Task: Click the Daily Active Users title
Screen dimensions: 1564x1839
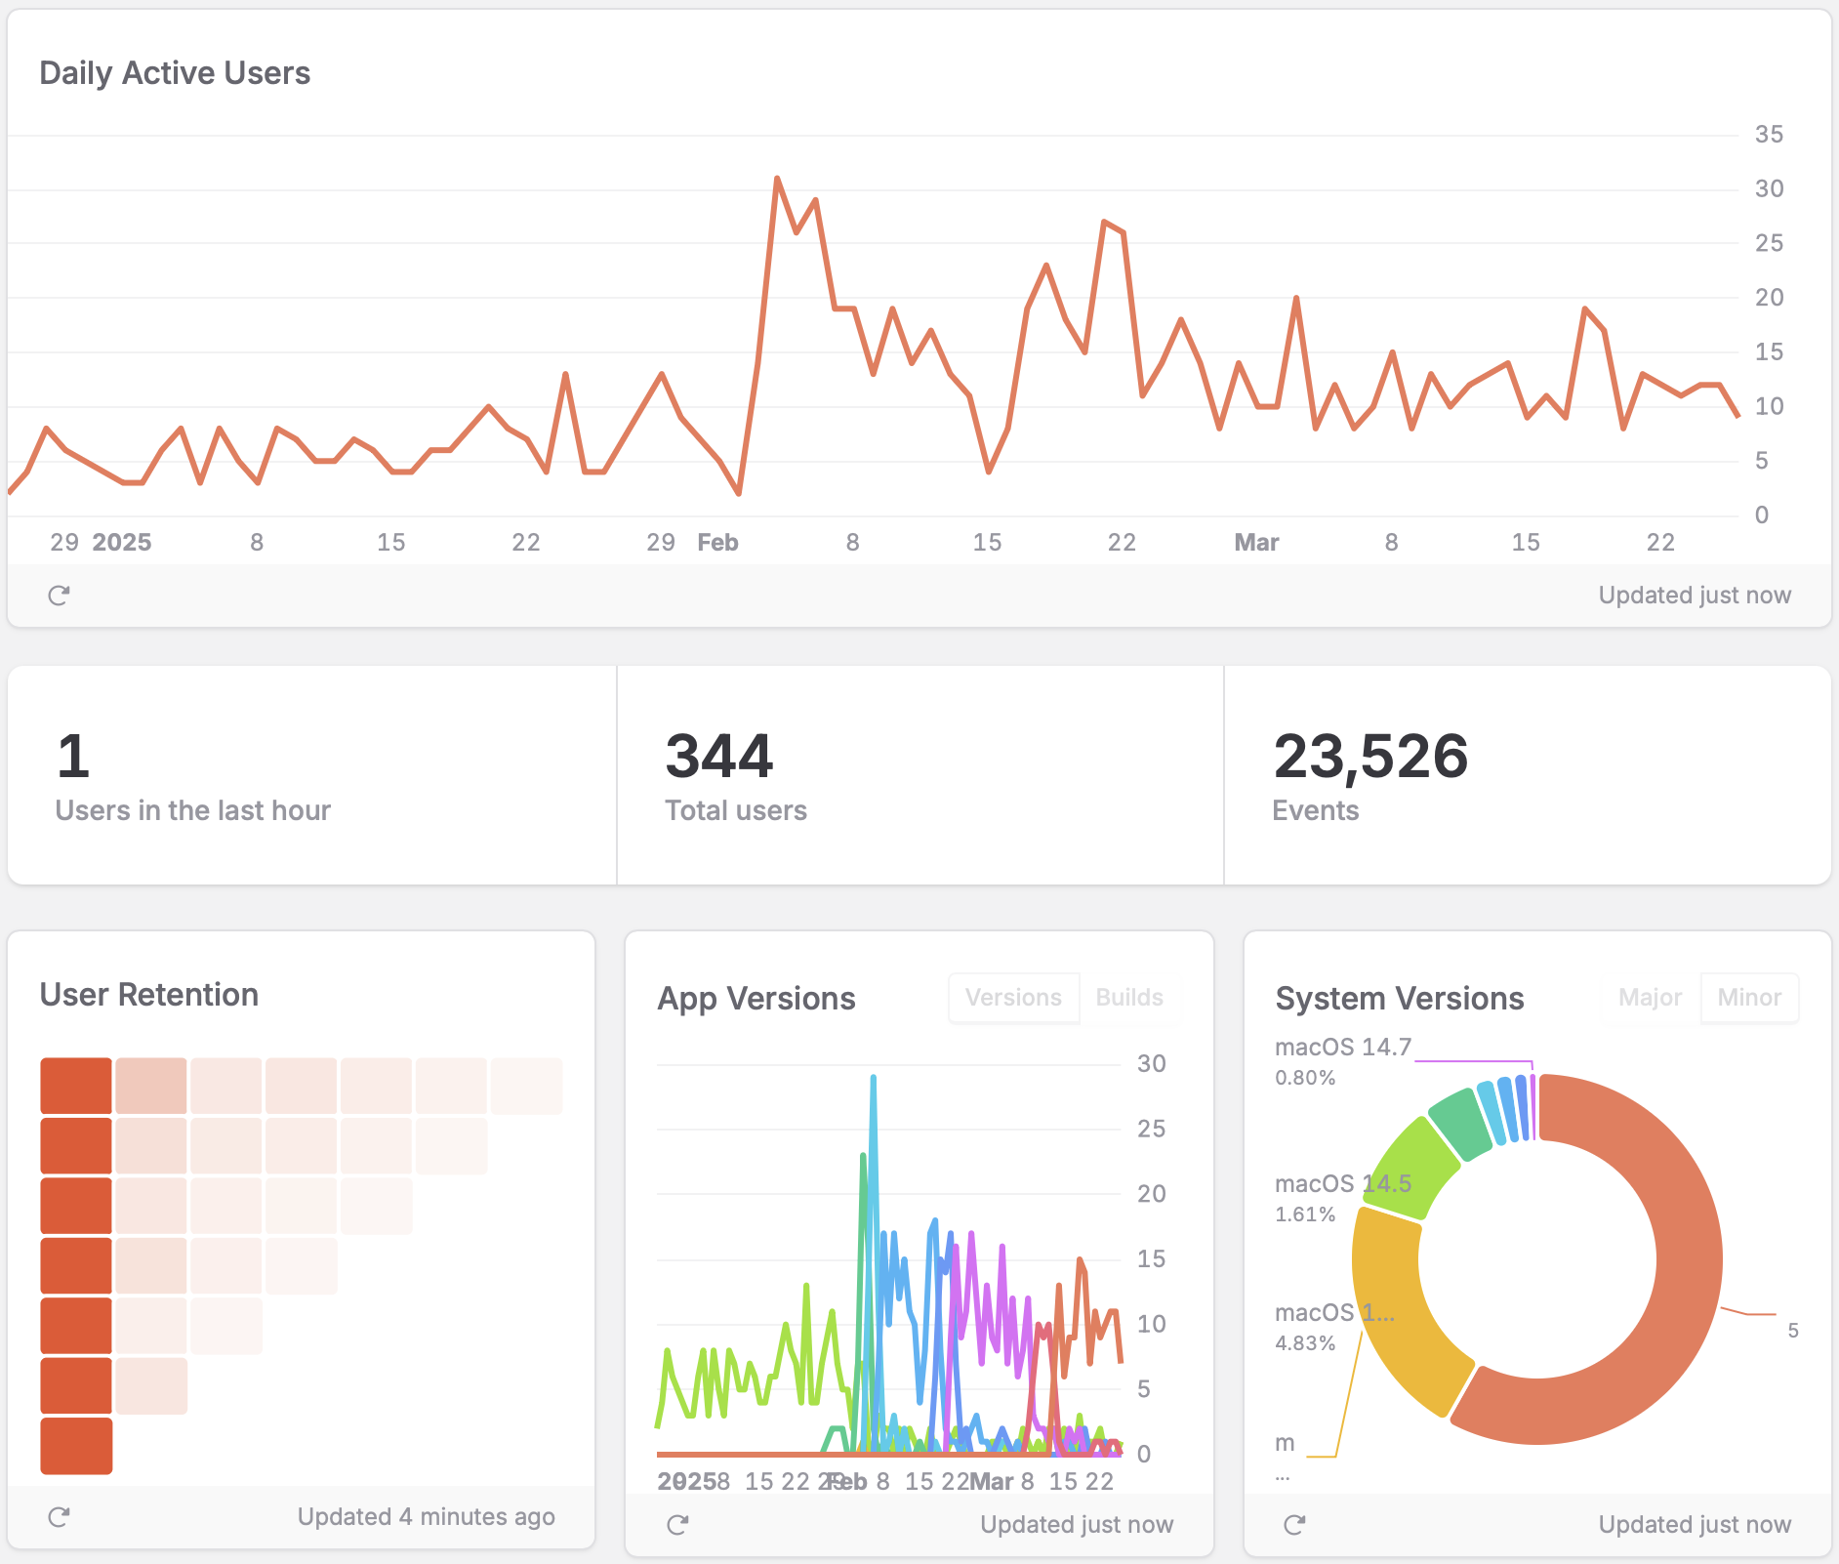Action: [x=175, y=73]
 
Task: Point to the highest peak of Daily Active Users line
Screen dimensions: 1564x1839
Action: [x=777, y=179]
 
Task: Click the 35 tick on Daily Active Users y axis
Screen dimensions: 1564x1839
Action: [x=1768, y=135]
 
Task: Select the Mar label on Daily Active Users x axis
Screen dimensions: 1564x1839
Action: [x=1256, y=543]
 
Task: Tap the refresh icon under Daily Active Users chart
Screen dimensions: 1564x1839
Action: [x=59, y=596]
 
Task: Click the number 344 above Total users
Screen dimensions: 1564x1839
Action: [x=719, y=757]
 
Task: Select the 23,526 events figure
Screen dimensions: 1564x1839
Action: [x=1370, y=757]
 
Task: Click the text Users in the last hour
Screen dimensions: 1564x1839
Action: [x=193, y=810]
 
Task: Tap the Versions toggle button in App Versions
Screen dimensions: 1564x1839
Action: [x=1013, y=998]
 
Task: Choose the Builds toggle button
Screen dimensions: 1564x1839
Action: [x=1129, y=998]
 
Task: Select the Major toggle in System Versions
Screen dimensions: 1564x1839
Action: [x=1650, y=998]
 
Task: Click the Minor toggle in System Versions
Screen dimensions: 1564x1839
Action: [x=1749, y=998]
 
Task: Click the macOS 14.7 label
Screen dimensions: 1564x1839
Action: [x=1343, y=1048]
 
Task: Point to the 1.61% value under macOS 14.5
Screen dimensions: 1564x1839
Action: [x=1305, y=1214]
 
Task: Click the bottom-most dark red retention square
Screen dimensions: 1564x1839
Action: [x=76, y=1446]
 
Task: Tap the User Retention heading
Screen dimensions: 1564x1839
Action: [x=149, y=995]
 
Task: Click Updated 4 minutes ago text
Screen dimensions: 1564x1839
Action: [x=426, y=1517]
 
